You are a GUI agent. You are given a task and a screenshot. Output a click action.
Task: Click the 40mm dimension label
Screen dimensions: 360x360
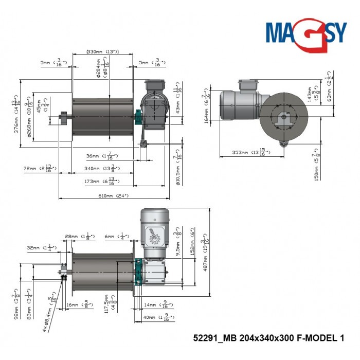pyautogui.click(x=154, y=318)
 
